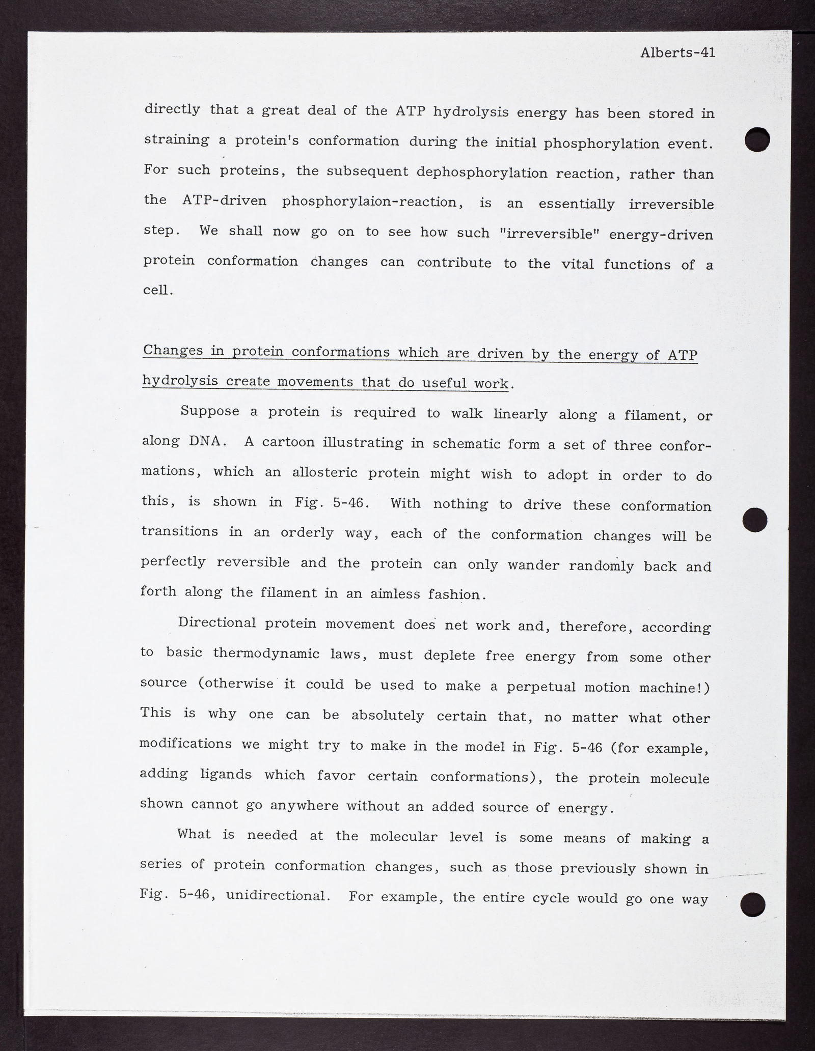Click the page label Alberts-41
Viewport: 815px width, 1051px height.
[x=677, y=52]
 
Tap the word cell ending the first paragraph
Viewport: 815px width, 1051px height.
[x=155, y=290]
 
